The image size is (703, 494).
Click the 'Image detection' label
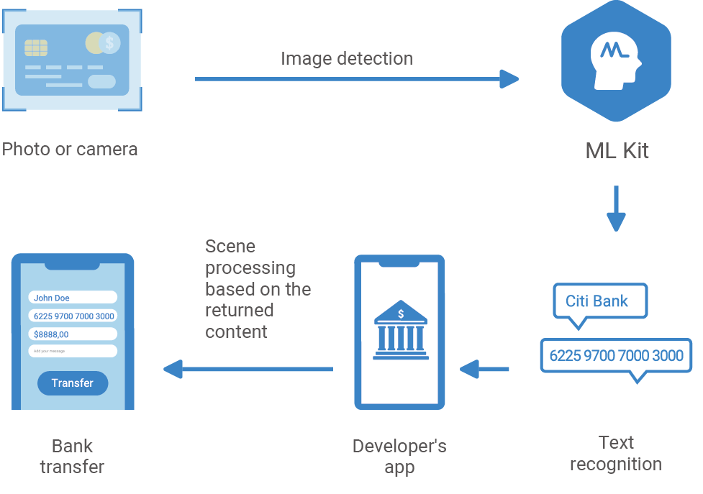click(347, 58)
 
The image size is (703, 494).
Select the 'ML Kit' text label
click(617, 151)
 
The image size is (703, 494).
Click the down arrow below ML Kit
click(615, 209)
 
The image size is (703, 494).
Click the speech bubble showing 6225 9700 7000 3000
click(616, 356)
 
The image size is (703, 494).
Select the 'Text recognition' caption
click(616, 453)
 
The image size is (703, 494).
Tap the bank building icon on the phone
click(400, 331)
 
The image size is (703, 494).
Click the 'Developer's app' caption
click(399, 457)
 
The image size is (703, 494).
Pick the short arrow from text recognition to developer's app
click(484, 370)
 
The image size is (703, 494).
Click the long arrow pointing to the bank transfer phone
click(248, 370)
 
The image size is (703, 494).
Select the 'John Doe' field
click(73, 298)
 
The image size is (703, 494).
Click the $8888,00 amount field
click(73, 334)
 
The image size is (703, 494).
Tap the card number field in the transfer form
click(73, 316)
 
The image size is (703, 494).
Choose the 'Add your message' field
click(73, 351)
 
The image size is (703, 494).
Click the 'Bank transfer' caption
click(72, 456)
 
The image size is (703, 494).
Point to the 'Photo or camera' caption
click(70, 150)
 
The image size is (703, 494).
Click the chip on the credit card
click(36, 47)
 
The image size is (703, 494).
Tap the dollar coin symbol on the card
click(109, 43)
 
